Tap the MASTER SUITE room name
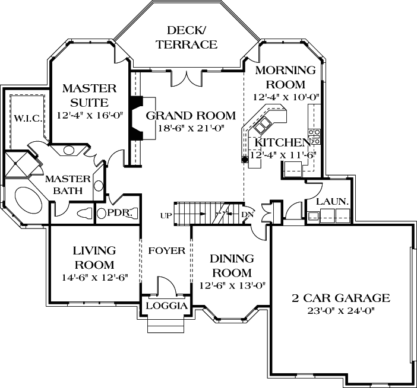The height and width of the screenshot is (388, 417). (x=89, y=95)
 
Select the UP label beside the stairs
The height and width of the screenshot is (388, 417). (x=166, y=214)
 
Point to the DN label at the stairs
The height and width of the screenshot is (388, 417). (x=248, y=214)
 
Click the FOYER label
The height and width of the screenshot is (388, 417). (x=167, y=251)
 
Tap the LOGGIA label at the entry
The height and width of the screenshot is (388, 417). (x=166, y=306)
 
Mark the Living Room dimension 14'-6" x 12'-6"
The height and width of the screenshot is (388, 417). (x=94, y=276)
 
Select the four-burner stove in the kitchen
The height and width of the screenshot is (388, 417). (x=315, y=136)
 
